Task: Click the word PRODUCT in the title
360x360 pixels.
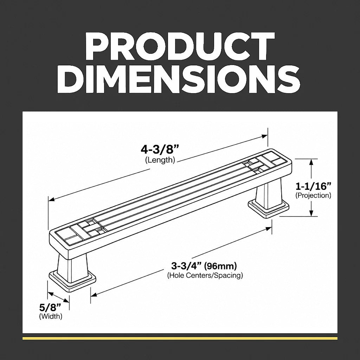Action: [180, 47]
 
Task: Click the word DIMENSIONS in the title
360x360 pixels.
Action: [179, 79]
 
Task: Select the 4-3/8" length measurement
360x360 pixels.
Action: [160, 150]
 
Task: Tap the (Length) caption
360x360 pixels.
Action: [160, 160]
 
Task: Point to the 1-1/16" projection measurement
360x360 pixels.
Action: [313, 186]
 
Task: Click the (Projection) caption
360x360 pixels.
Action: [313, 195]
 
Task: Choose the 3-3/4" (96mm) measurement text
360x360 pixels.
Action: [204, 266]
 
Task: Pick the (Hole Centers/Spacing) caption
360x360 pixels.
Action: [205, 275]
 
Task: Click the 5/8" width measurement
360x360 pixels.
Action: [50, 307]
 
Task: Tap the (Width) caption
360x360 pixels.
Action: [51, 316]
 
